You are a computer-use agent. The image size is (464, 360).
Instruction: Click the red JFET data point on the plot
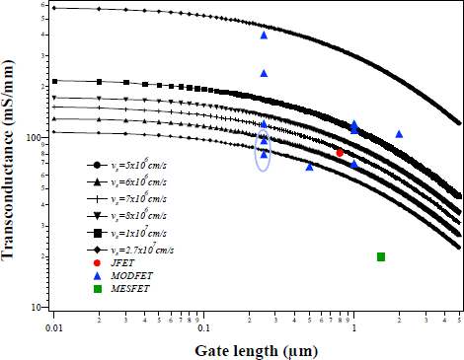pos(340,153)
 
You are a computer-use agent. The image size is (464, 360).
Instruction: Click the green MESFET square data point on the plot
pos(381,257)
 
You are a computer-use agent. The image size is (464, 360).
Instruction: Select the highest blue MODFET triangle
pos(264,36)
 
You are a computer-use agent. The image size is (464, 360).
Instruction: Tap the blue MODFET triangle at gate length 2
pos(399,134)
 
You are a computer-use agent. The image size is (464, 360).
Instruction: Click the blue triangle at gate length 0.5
pos(310,167)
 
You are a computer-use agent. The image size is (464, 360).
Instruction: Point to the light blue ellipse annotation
pos(264,151)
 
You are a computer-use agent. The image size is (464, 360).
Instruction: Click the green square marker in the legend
pos(97,288)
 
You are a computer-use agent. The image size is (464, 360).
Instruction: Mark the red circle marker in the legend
pos(97,262)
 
